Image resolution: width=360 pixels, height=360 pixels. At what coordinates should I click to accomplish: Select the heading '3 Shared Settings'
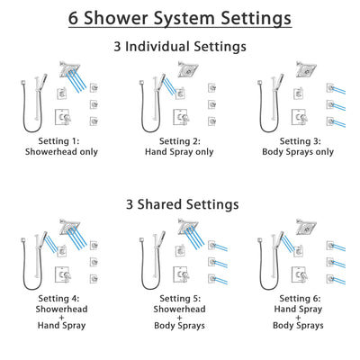[x=180, y=204]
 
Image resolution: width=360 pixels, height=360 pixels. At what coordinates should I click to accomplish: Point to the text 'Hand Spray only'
[x=179, y=152]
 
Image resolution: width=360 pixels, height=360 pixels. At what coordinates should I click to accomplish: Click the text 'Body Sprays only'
[x=298, y=152]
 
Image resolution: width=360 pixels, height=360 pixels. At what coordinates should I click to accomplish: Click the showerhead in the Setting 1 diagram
[x=68, y=70]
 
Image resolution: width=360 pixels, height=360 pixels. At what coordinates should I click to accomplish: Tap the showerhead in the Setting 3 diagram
[x=306, y=70]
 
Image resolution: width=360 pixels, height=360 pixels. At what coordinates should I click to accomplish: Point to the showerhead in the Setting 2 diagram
[x=187, y=70]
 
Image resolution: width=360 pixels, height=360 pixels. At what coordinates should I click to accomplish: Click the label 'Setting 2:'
[x=179, y=140]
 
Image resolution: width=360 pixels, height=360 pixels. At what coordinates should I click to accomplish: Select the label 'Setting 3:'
[x=298, y=140]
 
